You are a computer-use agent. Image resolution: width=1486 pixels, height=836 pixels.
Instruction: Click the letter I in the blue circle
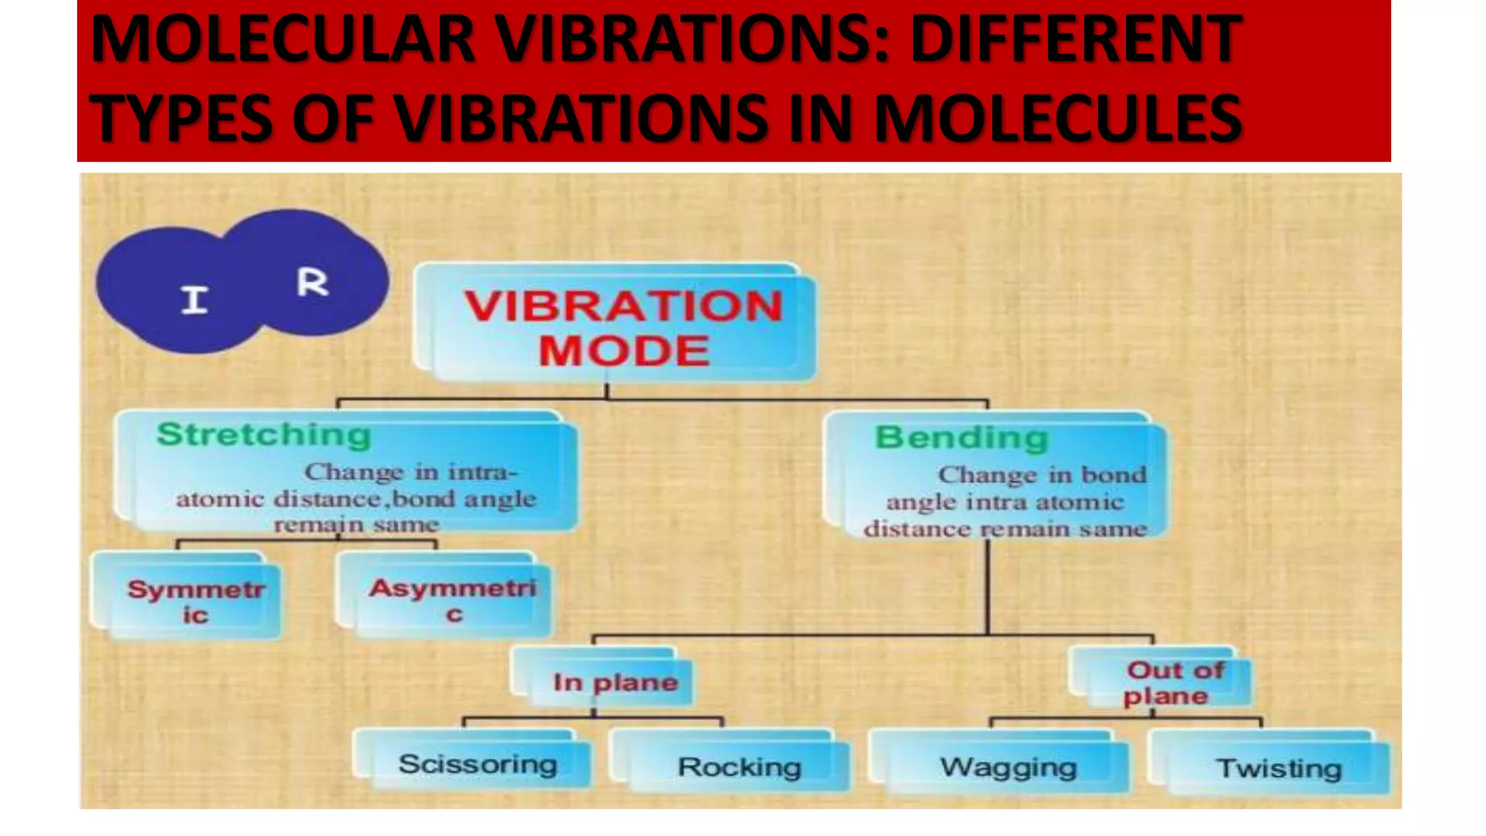(x=194, y=300)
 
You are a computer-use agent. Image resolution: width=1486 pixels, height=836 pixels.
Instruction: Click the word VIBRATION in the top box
(x=623, y=306)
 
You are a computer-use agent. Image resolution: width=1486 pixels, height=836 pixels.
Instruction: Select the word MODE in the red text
(x=623, y=351)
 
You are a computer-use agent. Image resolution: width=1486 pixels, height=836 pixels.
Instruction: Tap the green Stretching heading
(x=263, y=435)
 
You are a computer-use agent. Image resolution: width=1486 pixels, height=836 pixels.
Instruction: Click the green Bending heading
(x=961, y=438)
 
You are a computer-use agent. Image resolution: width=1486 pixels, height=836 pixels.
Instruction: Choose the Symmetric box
(x=194, y=601)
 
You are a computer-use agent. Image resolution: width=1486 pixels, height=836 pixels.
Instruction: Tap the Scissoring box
(x=477, y=764)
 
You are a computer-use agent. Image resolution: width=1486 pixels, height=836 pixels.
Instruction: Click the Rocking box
(x=739, y=767)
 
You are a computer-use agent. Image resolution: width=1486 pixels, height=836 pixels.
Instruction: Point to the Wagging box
(x=1008, y=767)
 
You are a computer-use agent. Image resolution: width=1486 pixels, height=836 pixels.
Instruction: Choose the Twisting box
(x=1278, y=769)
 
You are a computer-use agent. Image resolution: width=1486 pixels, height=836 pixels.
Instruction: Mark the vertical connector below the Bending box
(x=988, y=588)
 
